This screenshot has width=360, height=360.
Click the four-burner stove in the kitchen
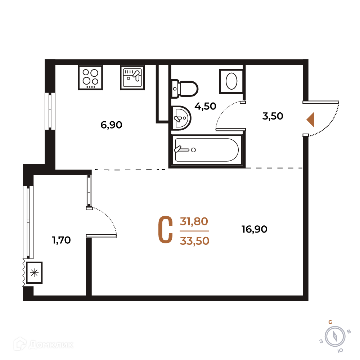click(90, 78)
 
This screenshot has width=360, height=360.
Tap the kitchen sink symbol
click(132, 78)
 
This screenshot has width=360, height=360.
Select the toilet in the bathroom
click(185, 89)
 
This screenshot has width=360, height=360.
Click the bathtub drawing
click(206, 150)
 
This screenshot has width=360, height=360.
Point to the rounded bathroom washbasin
click(181, 118)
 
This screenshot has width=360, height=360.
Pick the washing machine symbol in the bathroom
click(231, 81)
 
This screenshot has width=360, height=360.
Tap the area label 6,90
click(111, 125)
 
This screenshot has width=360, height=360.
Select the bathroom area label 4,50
click(205, 106)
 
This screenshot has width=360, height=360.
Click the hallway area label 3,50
click(273, 116)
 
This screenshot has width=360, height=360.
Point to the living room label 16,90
click(255, 229)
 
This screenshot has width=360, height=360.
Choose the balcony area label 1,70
click(62, 240)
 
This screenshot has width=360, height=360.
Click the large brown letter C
click(166, 230)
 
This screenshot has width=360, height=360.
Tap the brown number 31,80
click(194, 221)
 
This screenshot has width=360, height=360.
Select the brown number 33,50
click(195, 241)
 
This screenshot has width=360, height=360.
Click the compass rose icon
click(335, 337)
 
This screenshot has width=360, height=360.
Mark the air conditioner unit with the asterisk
click(34, 273)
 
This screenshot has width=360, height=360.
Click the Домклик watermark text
click(51, 345)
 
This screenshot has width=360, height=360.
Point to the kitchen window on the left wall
click(50, 111)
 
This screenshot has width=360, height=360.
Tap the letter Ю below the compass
click(341, 351)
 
